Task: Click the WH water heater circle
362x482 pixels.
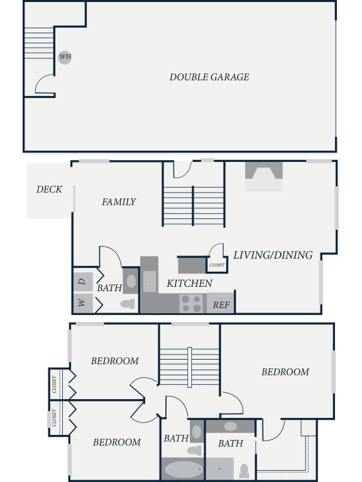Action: (65, 57)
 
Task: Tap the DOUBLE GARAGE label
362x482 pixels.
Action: (209, 77)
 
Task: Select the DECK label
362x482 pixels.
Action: (49, 190)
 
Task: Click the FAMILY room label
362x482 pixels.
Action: (119, 202)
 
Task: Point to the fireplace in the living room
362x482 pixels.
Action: (264, 176)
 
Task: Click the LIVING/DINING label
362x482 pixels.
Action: (273, 255)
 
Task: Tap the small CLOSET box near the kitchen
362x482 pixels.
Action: (217, 265)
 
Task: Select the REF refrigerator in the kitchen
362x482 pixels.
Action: (221, 303)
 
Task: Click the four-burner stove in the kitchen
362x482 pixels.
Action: (192, 303)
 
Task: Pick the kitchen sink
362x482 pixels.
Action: (150, 281)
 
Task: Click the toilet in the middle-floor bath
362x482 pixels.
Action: (128, 304)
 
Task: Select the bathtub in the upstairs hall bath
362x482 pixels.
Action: (182, 469)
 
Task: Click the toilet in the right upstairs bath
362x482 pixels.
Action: (244, 471)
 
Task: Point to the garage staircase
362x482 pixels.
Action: (39, 43)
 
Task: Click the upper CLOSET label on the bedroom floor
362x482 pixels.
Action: (54, 384)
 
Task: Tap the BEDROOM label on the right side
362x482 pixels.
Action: (285, 372)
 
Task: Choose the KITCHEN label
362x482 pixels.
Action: (189, 284)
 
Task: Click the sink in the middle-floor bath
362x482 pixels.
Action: (131, 281)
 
